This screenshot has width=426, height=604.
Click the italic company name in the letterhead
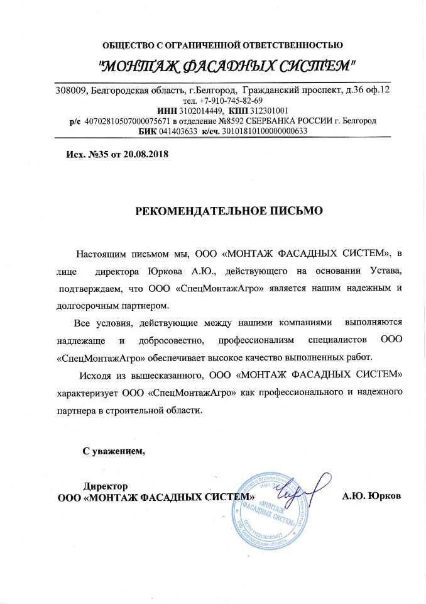pyautogui.click(x=229, y=65)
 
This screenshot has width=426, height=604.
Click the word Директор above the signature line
pyautogui.click(x=106, y=486)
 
